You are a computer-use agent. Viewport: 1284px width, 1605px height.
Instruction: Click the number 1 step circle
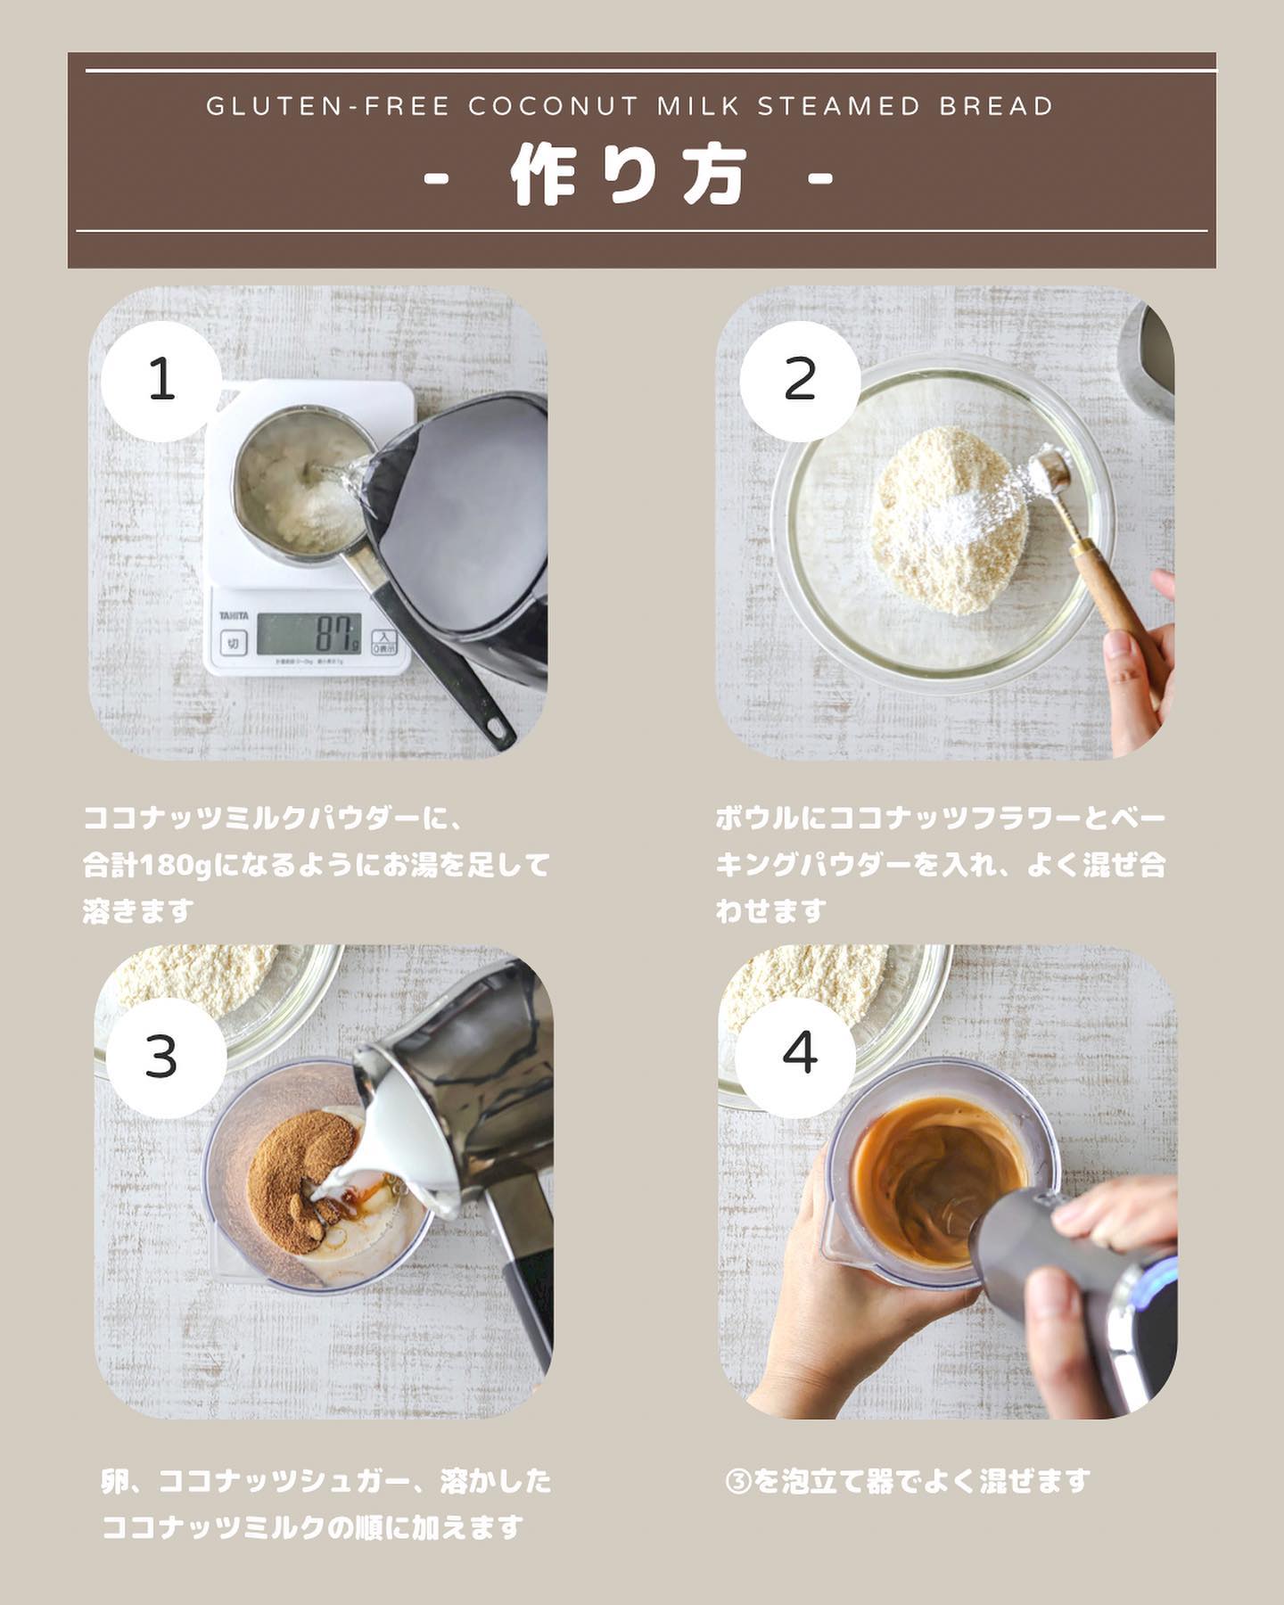tap(161, 381)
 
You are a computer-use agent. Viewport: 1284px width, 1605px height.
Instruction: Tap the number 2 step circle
tap(800, 381)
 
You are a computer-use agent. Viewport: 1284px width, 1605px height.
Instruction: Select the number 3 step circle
tap(161, 1058)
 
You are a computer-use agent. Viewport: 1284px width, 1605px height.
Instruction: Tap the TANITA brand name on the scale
tap(235, 616)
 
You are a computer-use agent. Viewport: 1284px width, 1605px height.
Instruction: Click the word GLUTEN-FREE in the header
tap(328, 107)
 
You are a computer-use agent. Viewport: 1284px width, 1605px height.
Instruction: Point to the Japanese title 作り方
tap(629, 176)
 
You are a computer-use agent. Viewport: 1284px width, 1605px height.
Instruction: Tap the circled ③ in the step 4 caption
tap(739, 1482)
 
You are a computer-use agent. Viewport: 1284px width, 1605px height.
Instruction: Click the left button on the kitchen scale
tap(233, 643)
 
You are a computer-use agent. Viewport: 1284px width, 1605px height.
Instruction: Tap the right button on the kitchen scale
tap(383, 642)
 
